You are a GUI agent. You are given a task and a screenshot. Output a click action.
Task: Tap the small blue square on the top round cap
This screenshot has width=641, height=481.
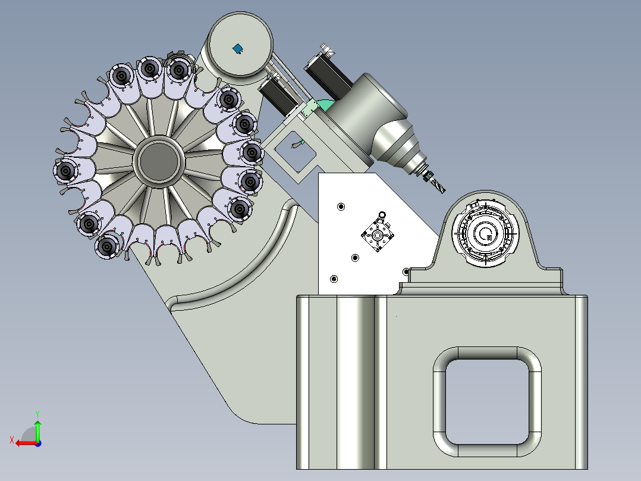coord(238,48)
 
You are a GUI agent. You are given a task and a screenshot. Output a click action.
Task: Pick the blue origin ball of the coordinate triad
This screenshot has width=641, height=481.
coord(37,443)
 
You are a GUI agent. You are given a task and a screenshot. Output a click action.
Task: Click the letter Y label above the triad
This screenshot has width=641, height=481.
coord(37,413)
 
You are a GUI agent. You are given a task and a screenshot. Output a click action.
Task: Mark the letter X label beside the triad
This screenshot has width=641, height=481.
coord(11,440)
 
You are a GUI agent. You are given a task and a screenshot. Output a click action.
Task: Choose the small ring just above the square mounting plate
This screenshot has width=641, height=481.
coord(381,214)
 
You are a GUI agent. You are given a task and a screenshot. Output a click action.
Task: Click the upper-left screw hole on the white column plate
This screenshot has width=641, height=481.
coord(341,207)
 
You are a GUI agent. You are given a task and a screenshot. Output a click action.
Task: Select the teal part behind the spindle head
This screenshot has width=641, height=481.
coord(324,105)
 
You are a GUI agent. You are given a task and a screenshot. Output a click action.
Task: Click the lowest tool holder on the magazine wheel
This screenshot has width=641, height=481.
coord(108,246)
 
